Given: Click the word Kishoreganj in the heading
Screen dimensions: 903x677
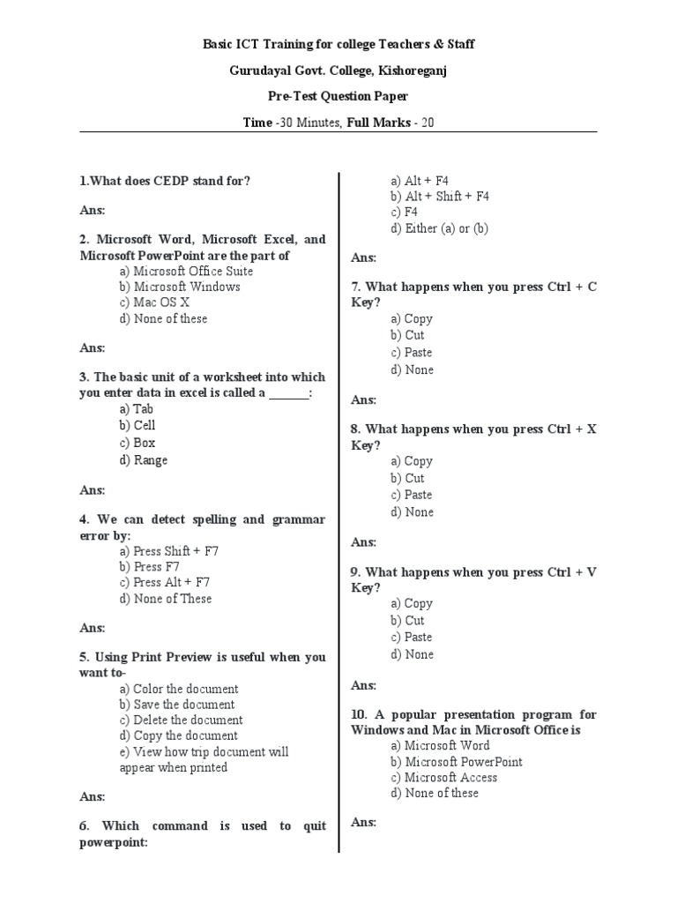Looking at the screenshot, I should pos(408,71).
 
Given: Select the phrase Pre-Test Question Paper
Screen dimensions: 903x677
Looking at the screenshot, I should pos(338,96).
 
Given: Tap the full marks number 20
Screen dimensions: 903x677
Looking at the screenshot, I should pos(427,123).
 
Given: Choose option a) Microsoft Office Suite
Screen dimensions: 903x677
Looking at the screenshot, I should pos(186,272).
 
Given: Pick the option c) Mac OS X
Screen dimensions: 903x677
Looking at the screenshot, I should pos(154,302).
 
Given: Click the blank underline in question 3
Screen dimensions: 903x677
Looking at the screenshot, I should pos(289,393).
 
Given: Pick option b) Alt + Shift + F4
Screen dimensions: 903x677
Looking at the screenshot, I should pos(440,197).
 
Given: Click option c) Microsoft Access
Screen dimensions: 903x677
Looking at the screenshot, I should pos(444,778).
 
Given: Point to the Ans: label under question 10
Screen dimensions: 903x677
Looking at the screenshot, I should pos(363,823).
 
